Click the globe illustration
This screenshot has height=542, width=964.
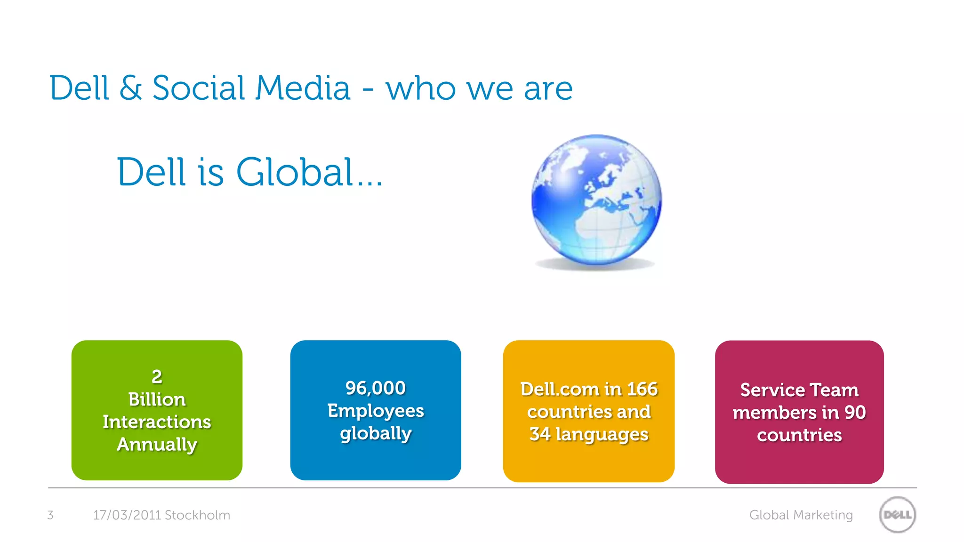pyautogui.click(x=596, y=200)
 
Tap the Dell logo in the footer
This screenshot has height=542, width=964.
pyautogui.click(x=898, y=515)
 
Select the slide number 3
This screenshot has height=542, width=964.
pyautogui.click(x=50, y=515)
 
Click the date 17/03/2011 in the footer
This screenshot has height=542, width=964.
pyautogui.click(x=127, y=515)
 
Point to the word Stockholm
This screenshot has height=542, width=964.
pyautogui.click(x=197, y=515)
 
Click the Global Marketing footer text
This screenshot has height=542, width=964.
pyautogui.click(x=801, y=515)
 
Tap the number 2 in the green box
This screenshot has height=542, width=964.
pyautogui.click(x=157, y=376)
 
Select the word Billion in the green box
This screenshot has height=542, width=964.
pyautogui.click(x=157, y=399)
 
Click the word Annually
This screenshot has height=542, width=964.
pyautogui.click(x=157, y=445)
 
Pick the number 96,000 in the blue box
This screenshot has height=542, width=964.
pyautogui.click(x=376, y=388)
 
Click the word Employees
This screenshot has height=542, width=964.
pyautogui.click(x=376, y=411)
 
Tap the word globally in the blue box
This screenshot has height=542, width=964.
pyautogui.click(x=376, y=433)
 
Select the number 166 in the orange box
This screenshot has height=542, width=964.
pyautogui.click(x=642, y=389)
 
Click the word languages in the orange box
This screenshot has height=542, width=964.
pyautogui.click(x=602, y=434)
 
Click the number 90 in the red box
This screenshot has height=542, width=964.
pyautogui.click(x=855, y=413)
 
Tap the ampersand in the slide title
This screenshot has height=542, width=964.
pyautogui.click(x=130, y=88)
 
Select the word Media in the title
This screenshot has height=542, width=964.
pyautogui.click(x=303, y=88)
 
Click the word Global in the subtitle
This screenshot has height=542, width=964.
pyautogui.click(x=295, y=172)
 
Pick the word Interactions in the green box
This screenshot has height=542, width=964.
pyautogui.click(x=157, y=422)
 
